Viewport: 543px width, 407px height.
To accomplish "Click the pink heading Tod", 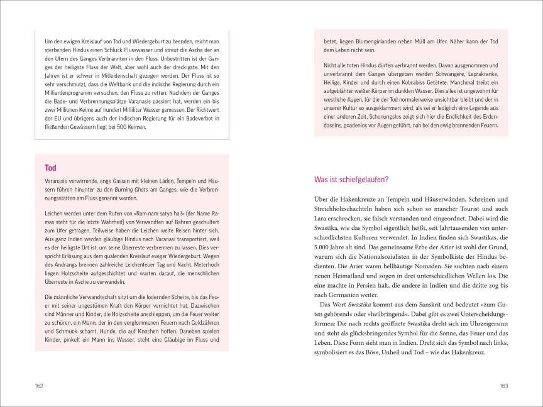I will (x=50, y=168).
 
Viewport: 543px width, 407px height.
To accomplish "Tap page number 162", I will (x=39, y=385).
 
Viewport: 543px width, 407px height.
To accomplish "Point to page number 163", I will (x=503, y=385).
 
